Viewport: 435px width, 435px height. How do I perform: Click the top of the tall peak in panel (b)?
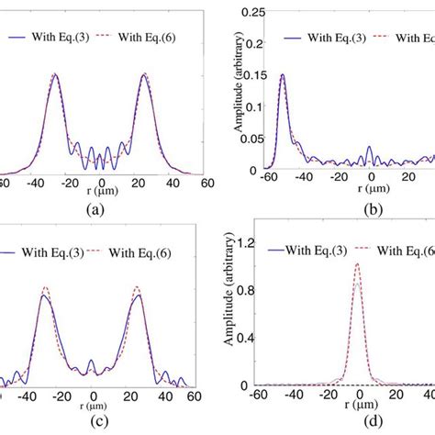click(x=282, y=74)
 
